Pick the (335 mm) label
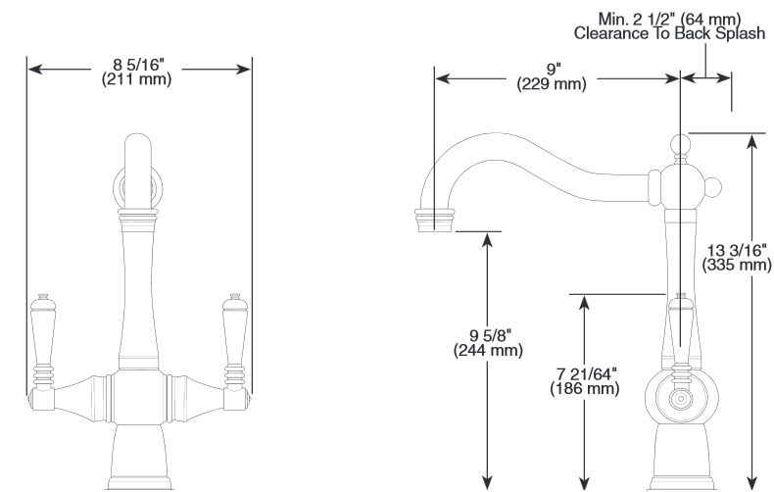(x=737, y=264)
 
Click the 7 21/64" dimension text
(x=585, y=374)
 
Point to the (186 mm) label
(x=585, y=389)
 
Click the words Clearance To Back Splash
(x=669, y=33)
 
